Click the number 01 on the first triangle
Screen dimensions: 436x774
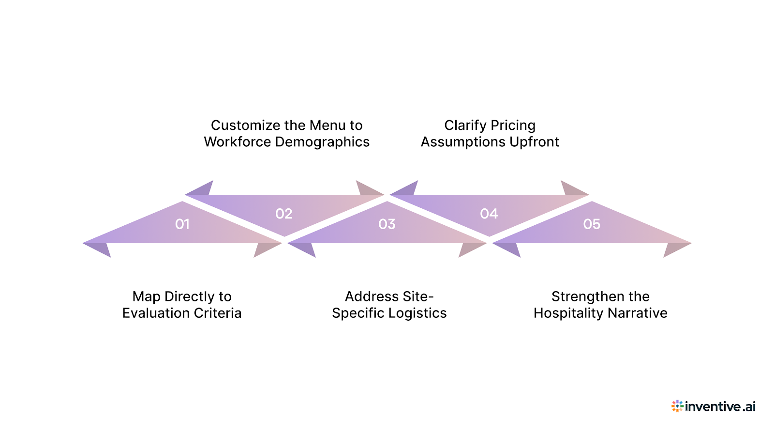[182, 224]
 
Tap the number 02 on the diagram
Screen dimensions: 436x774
[284, 214]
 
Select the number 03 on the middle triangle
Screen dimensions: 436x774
[387, 224]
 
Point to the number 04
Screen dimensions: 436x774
[489, 214]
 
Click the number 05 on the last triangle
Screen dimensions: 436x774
[592, 224]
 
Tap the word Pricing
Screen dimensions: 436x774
[513, 125]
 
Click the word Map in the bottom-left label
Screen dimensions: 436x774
[146, 297]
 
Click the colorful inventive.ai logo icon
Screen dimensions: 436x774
[677, 406]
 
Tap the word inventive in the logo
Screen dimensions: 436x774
[713, 406]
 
